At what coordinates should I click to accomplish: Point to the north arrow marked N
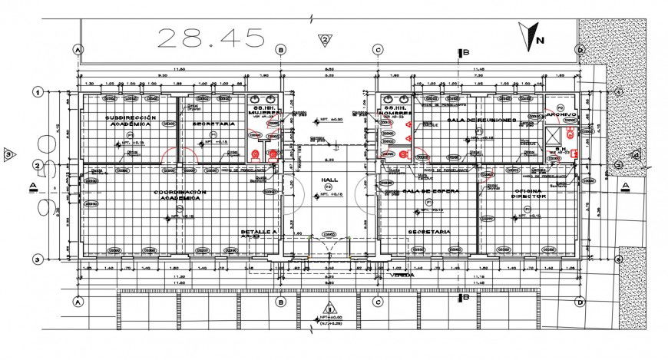pos(531,35)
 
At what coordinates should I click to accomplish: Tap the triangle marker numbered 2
pos(326,39)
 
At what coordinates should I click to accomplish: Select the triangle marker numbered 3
pos(8,154)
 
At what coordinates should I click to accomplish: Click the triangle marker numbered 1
pos(326,312)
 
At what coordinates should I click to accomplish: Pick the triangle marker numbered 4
pos(636,154)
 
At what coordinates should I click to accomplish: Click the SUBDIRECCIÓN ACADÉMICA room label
pos(131,121)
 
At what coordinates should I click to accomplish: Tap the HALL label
pos(330,180)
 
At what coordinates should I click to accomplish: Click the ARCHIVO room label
pos(561,114)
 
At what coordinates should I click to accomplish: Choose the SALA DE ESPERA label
pos(430,190)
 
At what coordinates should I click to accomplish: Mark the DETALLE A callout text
pos(258,231)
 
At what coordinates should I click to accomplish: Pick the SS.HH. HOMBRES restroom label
pos(395,110)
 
